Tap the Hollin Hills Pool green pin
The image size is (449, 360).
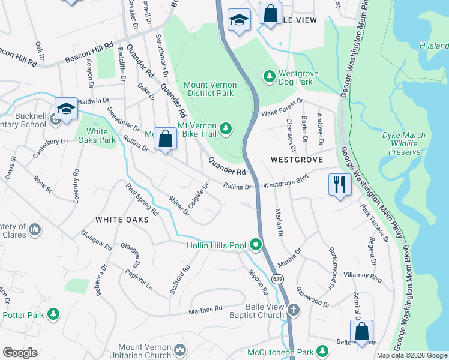coord(256,244)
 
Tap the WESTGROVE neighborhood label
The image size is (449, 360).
coord(297,160)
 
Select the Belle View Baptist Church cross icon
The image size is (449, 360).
coord(293,310)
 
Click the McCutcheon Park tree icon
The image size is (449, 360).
coord(323,350)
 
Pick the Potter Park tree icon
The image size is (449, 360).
coord(53,314)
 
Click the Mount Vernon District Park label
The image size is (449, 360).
coord(210,89)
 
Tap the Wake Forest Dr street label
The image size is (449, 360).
coord(282,106)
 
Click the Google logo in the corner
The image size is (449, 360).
coord(20,353)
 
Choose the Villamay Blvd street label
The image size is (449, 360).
coord(363,278)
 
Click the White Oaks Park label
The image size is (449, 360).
coord(97,136)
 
